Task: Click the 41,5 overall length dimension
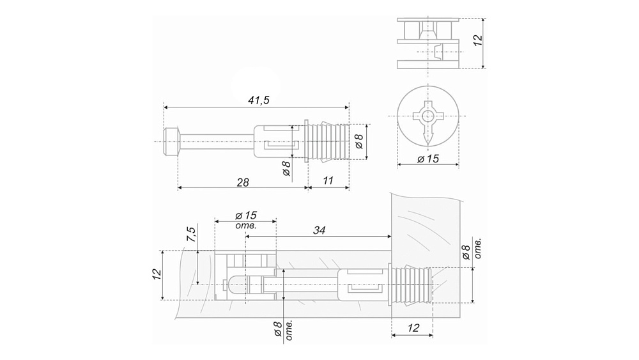(x=259, y=100)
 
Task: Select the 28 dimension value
(x=243, y=182)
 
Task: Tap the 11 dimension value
(x=328, y=180)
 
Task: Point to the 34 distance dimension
(x=319, y=230)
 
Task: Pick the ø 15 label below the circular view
(x=428, y=159)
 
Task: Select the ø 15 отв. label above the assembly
(x=246, y=220)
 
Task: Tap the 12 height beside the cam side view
(x=477, y=40)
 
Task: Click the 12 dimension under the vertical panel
(x=413, y=328)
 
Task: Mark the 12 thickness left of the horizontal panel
(x=157, y=274)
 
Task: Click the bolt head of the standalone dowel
(x=171, y=141)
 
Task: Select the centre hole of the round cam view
(x=427, y=116)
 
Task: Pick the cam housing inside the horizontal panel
(x=245, y=276)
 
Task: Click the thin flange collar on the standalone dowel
(x=307, y=141)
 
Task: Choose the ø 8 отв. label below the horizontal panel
(x=283, y=329)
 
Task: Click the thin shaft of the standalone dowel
(x=216, y=141)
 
